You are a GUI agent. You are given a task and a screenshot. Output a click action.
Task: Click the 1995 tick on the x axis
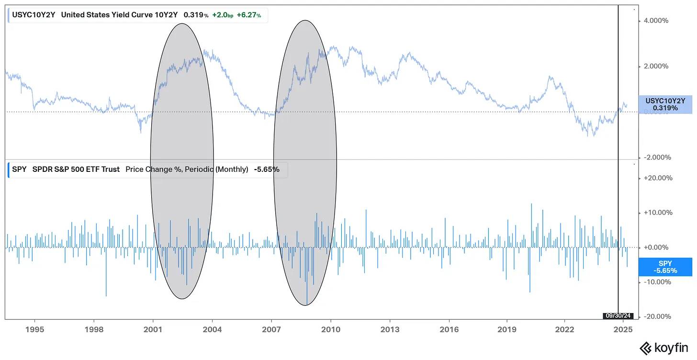coord(34,329)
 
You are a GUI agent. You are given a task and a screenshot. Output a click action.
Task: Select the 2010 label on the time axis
coord(330,329)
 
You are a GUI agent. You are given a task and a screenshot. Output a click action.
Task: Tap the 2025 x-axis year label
coord(624,329)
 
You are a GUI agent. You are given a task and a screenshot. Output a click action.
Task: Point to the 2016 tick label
coord(449,329)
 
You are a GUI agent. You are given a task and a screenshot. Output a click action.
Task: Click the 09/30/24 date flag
coord(618,315)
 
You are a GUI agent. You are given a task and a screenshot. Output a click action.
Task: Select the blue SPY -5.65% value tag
coord(665,267)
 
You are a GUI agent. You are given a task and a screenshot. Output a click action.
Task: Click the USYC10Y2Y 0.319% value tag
coord(665,104)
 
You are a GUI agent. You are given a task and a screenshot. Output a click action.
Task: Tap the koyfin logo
coord(666,348)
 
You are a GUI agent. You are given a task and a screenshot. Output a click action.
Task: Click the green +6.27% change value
coord(249,15)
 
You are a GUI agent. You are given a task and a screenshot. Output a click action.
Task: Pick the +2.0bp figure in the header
coord(223,15)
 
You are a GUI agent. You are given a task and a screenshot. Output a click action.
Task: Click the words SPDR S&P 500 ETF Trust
coord(77,169)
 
